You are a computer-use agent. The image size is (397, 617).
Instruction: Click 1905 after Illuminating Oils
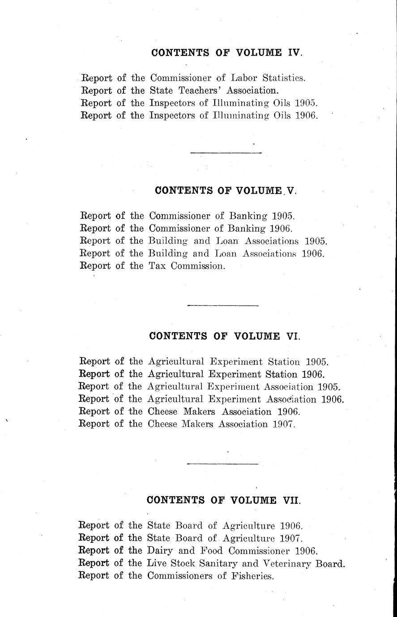tap(307, 103)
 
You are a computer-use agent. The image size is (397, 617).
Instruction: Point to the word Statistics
tap(284, 78)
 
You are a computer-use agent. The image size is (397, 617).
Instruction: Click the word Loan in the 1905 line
tap(227, 241)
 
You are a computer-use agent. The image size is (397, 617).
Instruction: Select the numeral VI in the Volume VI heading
tap(292, 336)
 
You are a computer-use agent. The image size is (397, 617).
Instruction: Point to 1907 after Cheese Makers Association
tap(284, 424)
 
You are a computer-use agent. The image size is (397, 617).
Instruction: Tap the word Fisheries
tap(252, 576)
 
